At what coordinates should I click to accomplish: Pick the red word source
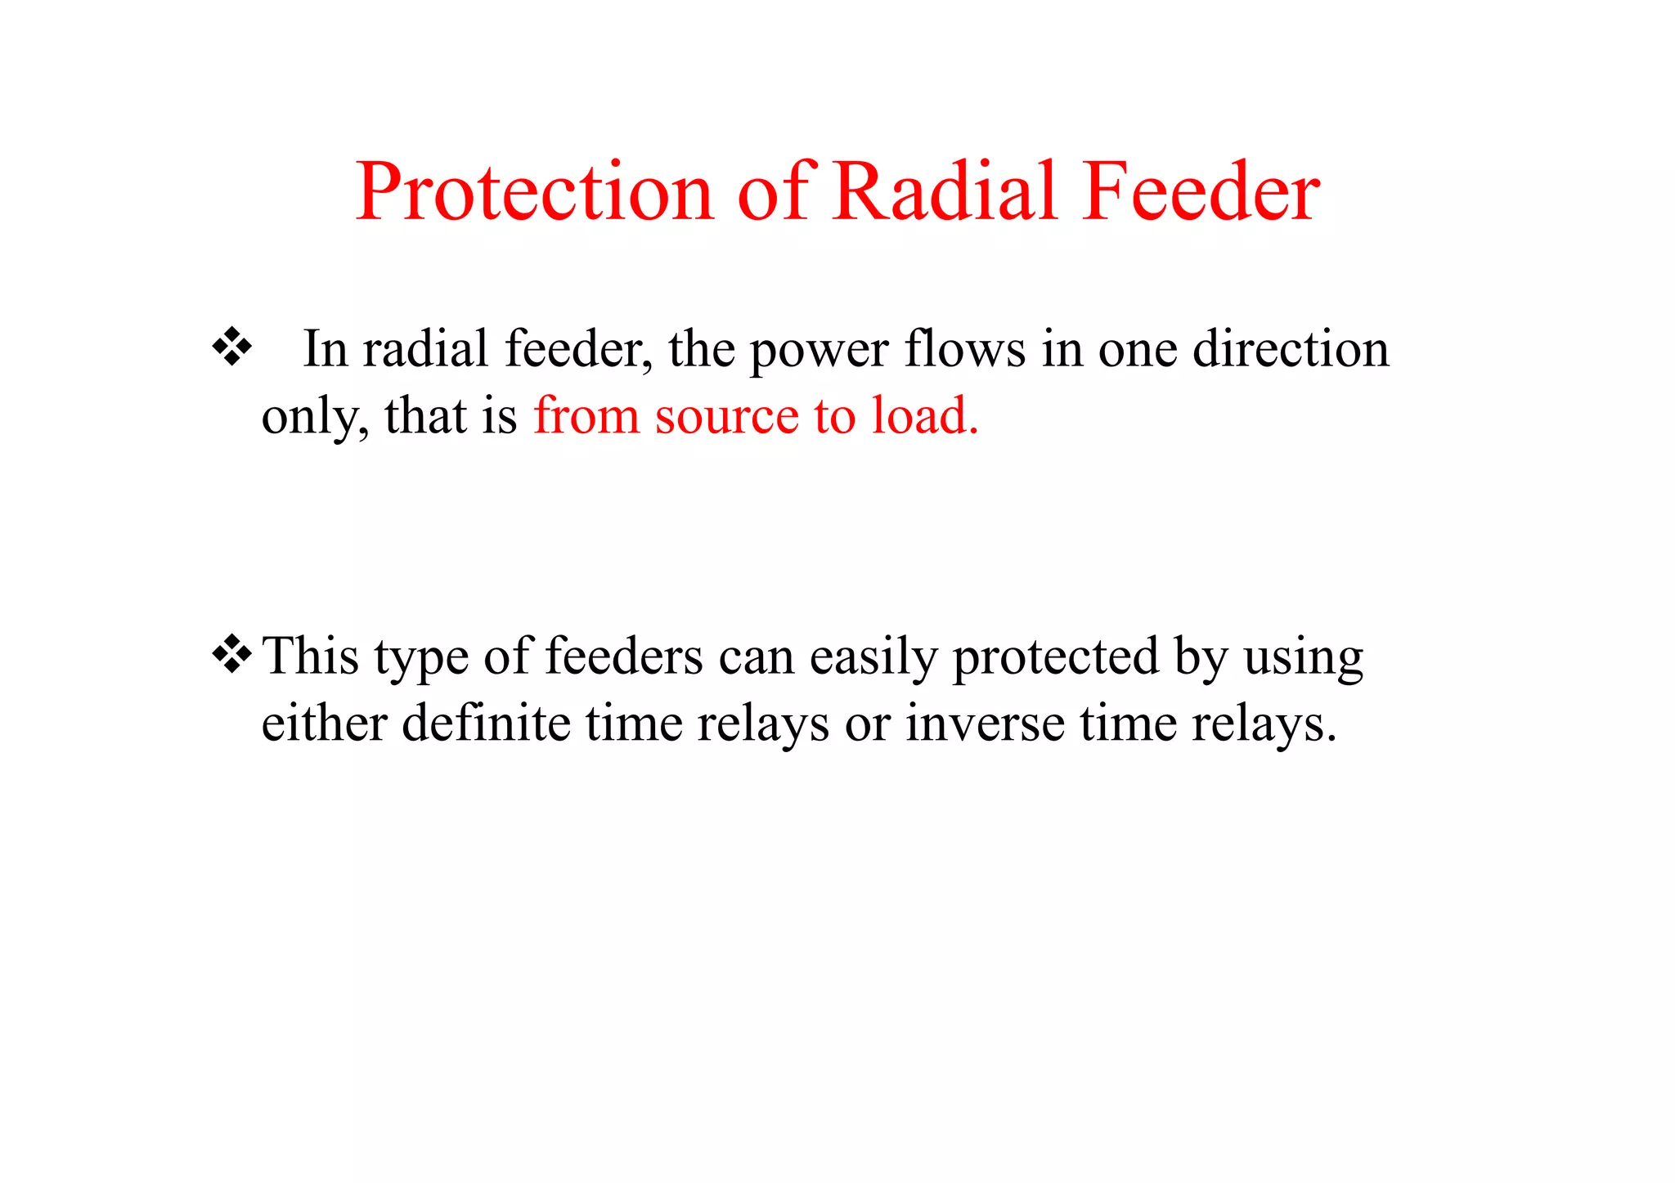725,415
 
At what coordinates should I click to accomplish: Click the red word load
924,415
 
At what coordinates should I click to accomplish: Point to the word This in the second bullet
311,656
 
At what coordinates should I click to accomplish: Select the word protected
1056,657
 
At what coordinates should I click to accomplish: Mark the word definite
486,723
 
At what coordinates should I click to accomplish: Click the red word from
586,415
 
